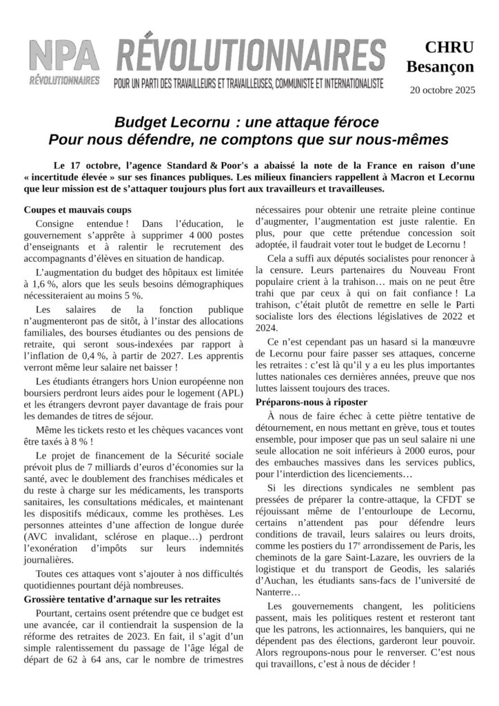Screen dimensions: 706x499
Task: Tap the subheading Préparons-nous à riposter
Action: point(312,402)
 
